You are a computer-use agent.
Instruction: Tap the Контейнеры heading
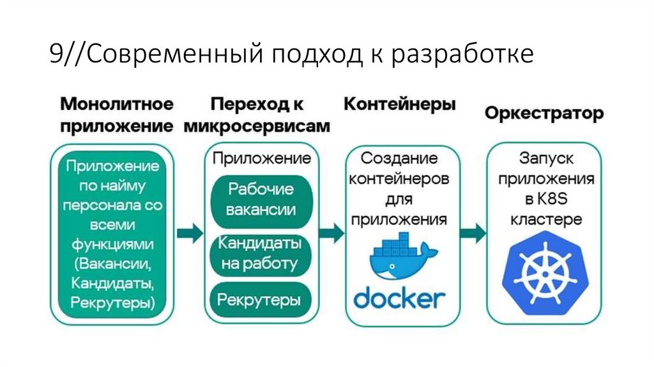tap(400, 105)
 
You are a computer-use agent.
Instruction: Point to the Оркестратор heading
tap(544, 114)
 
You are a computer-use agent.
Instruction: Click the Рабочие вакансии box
tap(261, 199)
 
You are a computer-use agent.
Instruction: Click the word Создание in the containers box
tap(399, 157)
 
